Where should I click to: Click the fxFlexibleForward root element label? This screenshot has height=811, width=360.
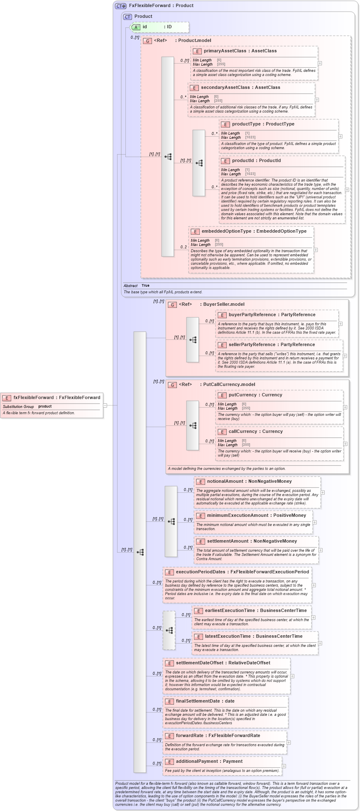pyautogui.click(x=56, y=398)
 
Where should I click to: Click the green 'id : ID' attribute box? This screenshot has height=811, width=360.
pyautogui.click(x=159, y=27)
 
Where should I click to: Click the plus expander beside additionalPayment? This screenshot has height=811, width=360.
pyautogui.click(x=284, y=766)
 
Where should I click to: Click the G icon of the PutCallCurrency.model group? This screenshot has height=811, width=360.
pyautogui.click(x=172, y=385)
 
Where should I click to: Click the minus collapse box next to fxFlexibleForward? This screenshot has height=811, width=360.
pyautogui.click(x=105, y=405)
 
